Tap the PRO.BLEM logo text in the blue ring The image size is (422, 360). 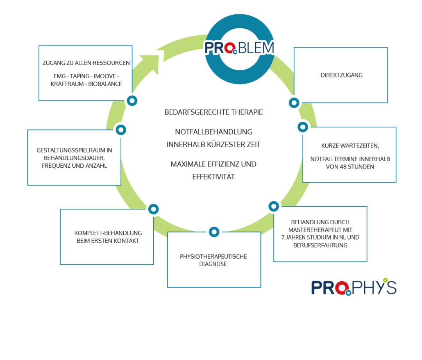pyautogui.click(x=239, y=48)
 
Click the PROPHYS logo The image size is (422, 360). pyautogui.click(x=354, y=287)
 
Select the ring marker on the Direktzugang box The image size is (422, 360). pyautogui.click(x=294, y=103)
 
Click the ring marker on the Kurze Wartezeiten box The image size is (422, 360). pyautogui.click(x=303, y=127)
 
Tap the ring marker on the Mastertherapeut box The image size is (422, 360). pyautogui.click(x=274, y=206)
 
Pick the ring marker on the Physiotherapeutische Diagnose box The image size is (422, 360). pyautogui.click(x=214, y=232)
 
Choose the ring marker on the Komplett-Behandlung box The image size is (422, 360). pyautogui.click(x=153, y=209)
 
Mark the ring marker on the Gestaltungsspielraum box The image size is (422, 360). pyautogui.click(x=120, y=130)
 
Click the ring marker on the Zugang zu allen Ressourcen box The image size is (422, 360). pyautogui.click(x=132, y=100)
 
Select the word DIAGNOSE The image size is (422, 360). pyautogui.click(x=213, y=264)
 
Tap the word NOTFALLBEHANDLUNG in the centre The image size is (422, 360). pyautogui.click(x=213, y=132)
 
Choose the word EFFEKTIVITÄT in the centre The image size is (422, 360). pyautogui.click(x=213, y=177)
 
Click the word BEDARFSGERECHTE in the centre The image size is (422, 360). pyautogui.click(x=192, y=112)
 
